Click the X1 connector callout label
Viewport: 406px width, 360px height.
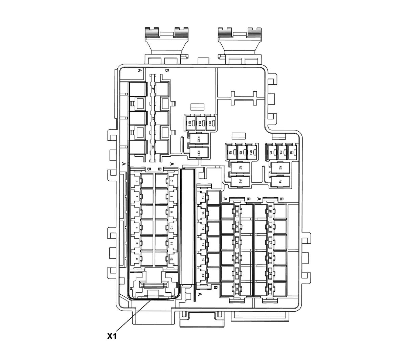[112, 336]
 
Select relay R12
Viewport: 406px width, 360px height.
[199, 139]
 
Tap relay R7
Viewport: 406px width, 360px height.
[240, 168]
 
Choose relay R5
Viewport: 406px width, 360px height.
[291, 152]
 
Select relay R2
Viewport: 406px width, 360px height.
[280, 168]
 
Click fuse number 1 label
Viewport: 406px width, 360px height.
[136, 181]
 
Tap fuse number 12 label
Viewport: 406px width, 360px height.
[171, 259]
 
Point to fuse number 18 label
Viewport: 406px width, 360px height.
[203, 276]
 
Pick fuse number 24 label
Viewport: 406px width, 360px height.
[237, 289]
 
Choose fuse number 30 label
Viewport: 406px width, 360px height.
[270, 289]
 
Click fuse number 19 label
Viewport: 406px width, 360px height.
[237, 211]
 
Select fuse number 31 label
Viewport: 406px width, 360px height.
[153, 89]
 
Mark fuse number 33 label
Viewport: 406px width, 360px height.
[153, 147]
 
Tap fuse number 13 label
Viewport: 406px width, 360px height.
[203, 198]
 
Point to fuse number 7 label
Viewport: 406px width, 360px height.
[171, 181]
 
